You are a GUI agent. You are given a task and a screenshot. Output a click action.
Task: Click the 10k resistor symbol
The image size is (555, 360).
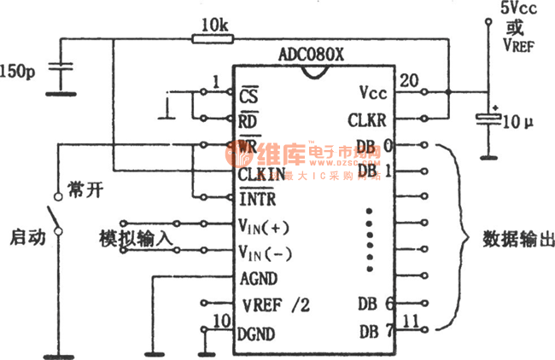coord(208,38)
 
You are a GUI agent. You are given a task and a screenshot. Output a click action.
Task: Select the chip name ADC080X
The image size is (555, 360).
coord(311,55)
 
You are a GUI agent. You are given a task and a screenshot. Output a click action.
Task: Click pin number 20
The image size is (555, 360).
coord(410,80)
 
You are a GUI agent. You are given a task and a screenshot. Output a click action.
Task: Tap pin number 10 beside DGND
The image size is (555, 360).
coord(222,321)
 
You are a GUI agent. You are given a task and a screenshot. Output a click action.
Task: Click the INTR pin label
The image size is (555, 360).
coord(257,199)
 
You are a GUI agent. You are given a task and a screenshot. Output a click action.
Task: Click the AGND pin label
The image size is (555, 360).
coord(260,278)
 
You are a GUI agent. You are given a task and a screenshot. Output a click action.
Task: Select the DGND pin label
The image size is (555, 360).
coord(260,333)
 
